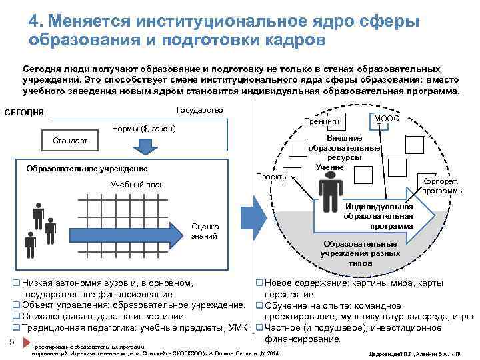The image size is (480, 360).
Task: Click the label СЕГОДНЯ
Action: (x=24, y=111)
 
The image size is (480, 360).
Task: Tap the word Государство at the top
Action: (x=199, y=110)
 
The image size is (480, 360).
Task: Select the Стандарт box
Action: (x=69, y=141)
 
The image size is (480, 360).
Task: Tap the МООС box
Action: (x=386, y=119)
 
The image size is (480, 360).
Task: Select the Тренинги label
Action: (x=321, y=122)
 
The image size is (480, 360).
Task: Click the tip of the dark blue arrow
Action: (x=186, y=233)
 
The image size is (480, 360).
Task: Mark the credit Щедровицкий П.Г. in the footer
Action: (x=390, y=351)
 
